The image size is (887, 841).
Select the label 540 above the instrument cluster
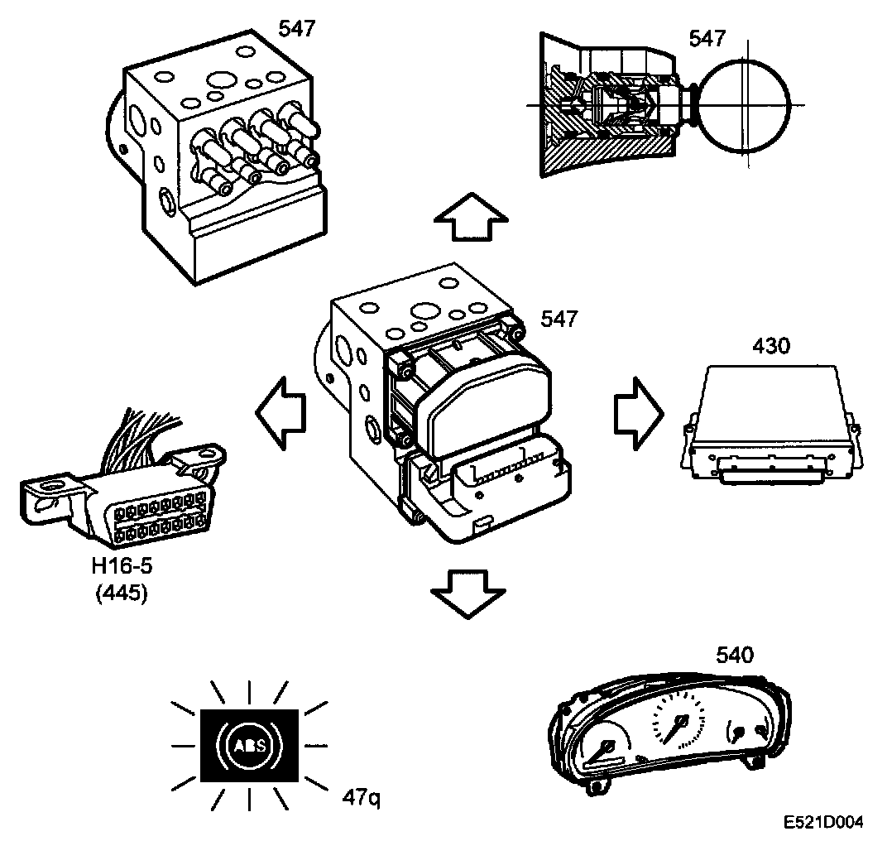coord(735,656)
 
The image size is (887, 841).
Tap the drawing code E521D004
coord(824,823)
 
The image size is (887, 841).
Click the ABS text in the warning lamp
coord(249,746)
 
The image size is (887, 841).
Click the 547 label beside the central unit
coord(559,320)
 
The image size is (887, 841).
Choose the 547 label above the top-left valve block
coord(295,30)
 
